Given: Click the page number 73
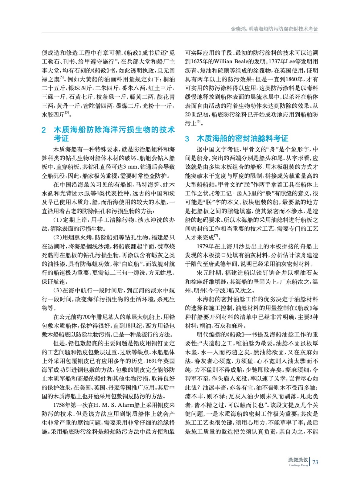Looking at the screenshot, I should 315,462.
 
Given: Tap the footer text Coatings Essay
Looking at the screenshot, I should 298,465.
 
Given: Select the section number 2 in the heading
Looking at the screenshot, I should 44,130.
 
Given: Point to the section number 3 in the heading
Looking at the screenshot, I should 187,139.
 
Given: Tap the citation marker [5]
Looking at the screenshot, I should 62,78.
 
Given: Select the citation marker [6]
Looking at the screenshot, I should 199,122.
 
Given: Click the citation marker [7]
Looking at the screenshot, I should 216,236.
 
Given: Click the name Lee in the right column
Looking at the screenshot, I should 290,62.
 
